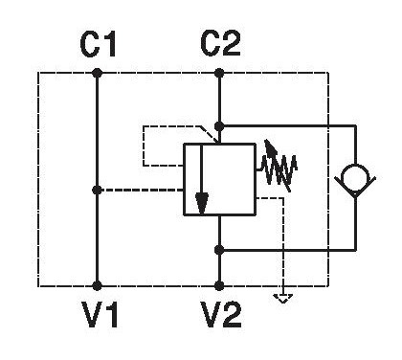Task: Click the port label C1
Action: coord(98,45)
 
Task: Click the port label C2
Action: coord(220,45)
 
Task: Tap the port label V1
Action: coord(100,315)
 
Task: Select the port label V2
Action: coord(221,315)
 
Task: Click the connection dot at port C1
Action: coord(97,73)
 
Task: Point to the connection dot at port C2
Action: coord(219,73)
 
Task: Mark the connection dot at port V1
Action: coord(97,285)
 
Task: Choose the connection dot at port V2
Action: coord(219,285)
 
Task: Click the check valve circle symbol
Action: coord(355,177)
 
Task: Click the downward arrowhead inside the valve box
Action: coord(202,204)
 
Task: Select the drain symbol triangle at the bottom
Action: coord(283,299)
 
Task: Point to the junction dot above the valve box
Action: coord(219,126)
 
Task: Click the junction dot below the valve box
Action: coord(219,250)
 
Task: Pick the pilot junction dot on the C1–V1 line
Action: coord(97,191)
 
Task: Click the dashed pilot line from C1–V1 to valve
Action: coord(141,191)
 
